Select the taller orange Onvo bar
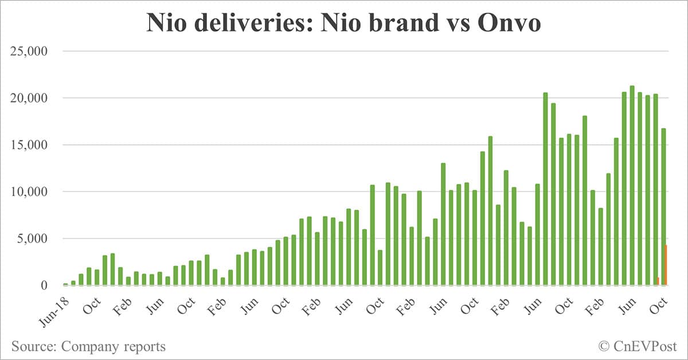[x=666, y=265]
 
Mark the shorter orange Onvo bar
[x=658, y=281]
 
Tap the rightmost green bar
[x=663, y=206]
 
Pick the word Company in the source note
[x=88, y=347]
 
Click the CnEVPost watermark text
[x=645, y=346]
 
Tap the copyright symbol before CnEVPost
[x=604, y=346]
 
